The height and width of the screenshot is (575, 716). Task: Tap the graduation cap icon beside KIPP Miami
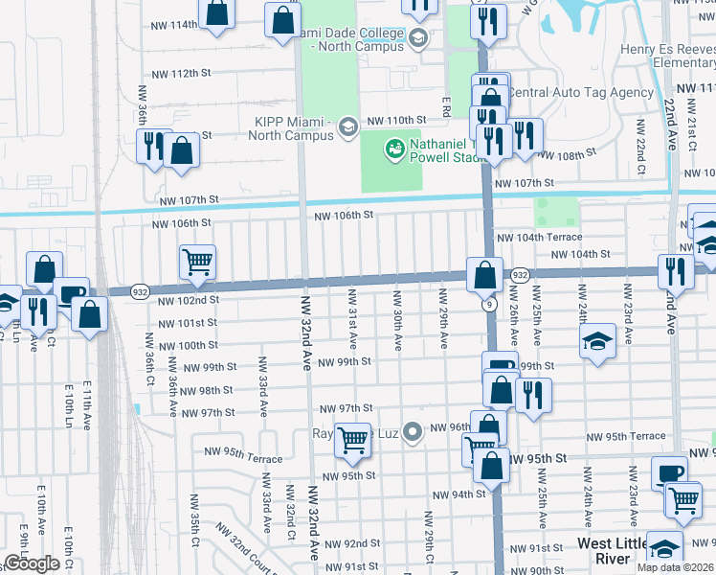348,126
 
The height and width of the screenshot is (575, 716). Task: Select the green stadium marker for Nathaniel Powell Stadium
392,149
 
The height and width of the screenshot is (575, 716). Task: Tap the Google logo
32,563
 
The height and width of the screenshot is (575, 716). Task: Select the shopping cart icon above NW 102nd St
197,262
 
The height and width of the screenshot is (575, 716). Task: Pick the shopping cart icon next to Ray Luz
352,440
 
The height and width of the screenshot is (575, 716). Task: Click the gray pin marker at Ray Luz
413,433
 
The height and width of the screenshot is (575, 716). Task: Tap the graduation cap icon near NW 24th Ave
596,342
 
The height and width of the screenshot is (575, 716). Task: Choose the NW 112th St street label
180,73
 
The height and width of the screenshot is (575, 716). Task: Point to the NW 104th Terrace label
539,236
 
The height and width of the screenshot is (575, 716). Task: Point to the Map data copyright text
675,567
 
